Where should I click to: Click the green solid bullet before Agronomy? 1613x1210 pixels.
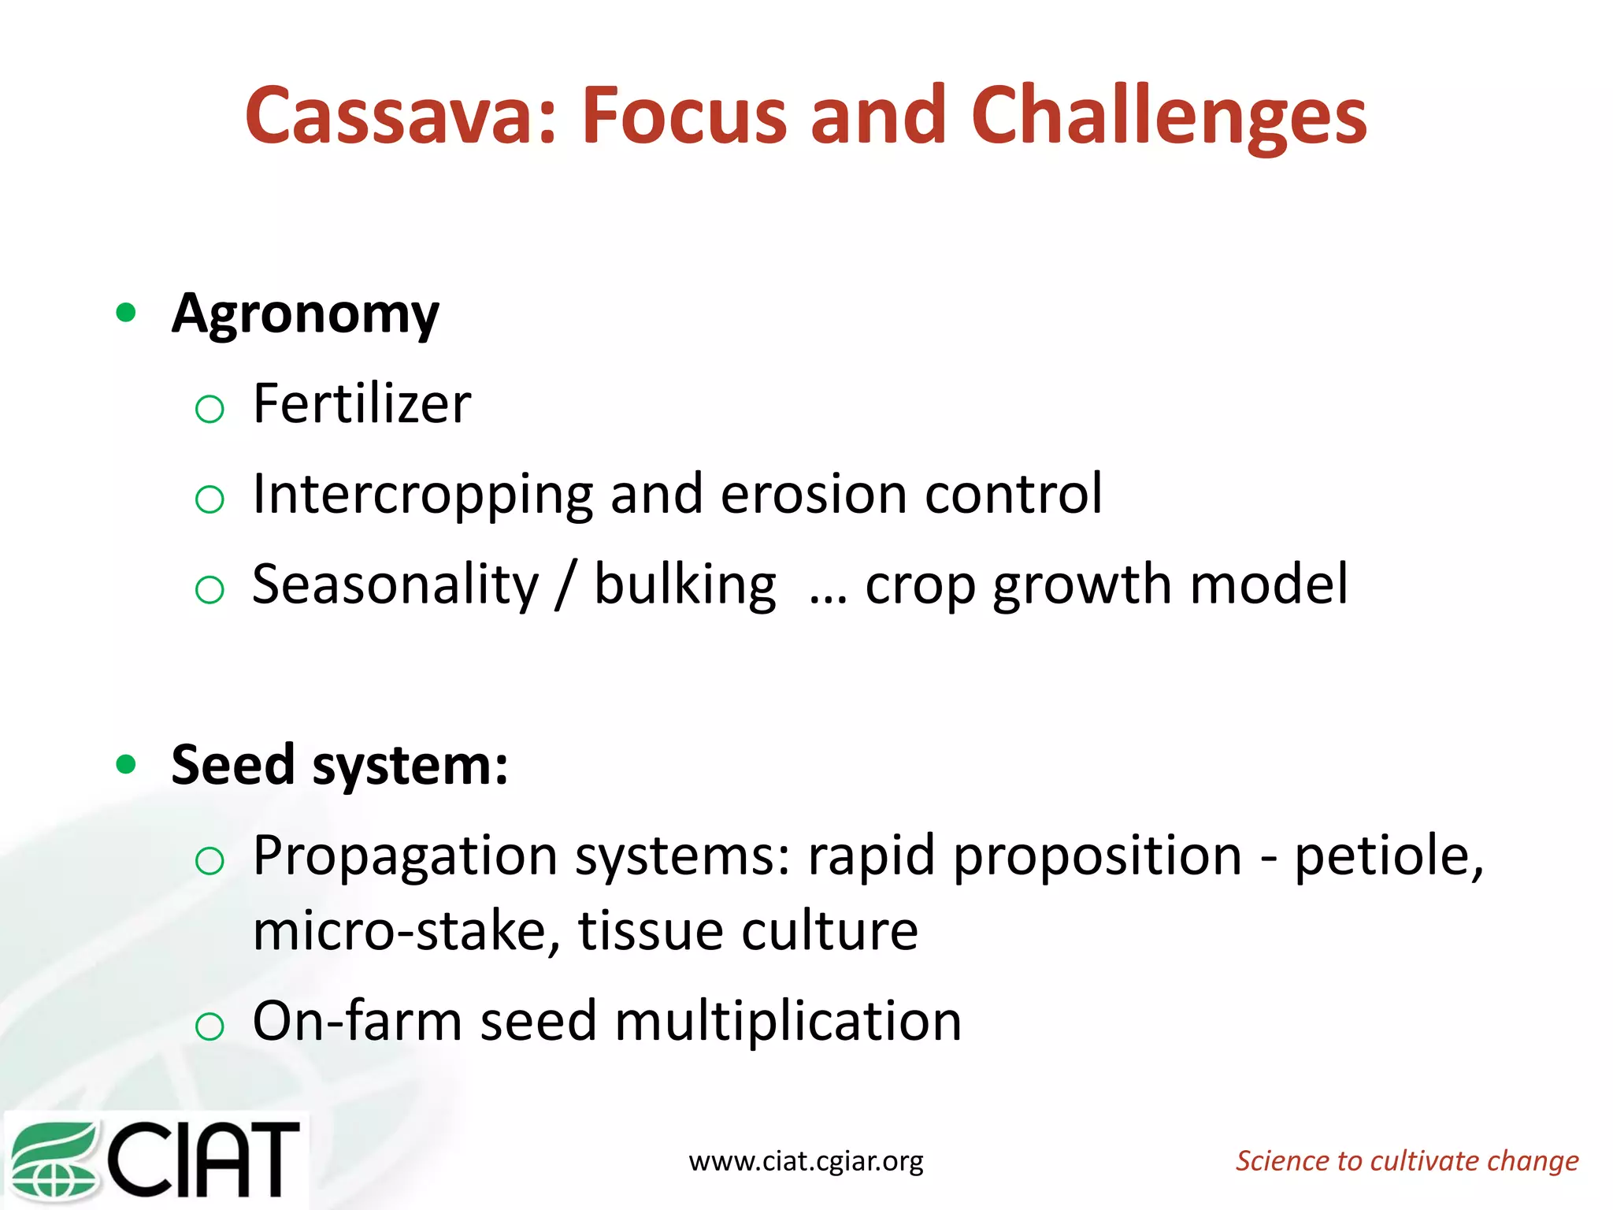[125, 314]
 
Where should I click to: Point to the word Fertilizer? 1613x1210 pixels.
[362, 404]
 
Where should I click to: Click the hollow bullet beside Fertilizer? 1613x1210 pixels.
[210, 409]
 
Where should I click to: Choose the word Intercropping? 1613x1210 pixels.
[421, 496]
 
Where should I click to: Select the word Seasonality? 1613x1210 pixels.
[395, 585]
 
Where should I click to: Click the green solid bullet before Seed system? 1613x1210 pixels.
[125, 764]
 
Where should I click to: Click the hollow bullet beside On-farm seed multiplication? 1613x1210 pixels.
[210, 1026]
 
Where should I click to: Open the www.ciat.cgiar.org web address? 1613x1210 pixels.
[806, 1161]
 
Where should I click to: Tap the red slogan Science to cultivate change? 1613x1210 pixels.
[1407, 1161]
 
